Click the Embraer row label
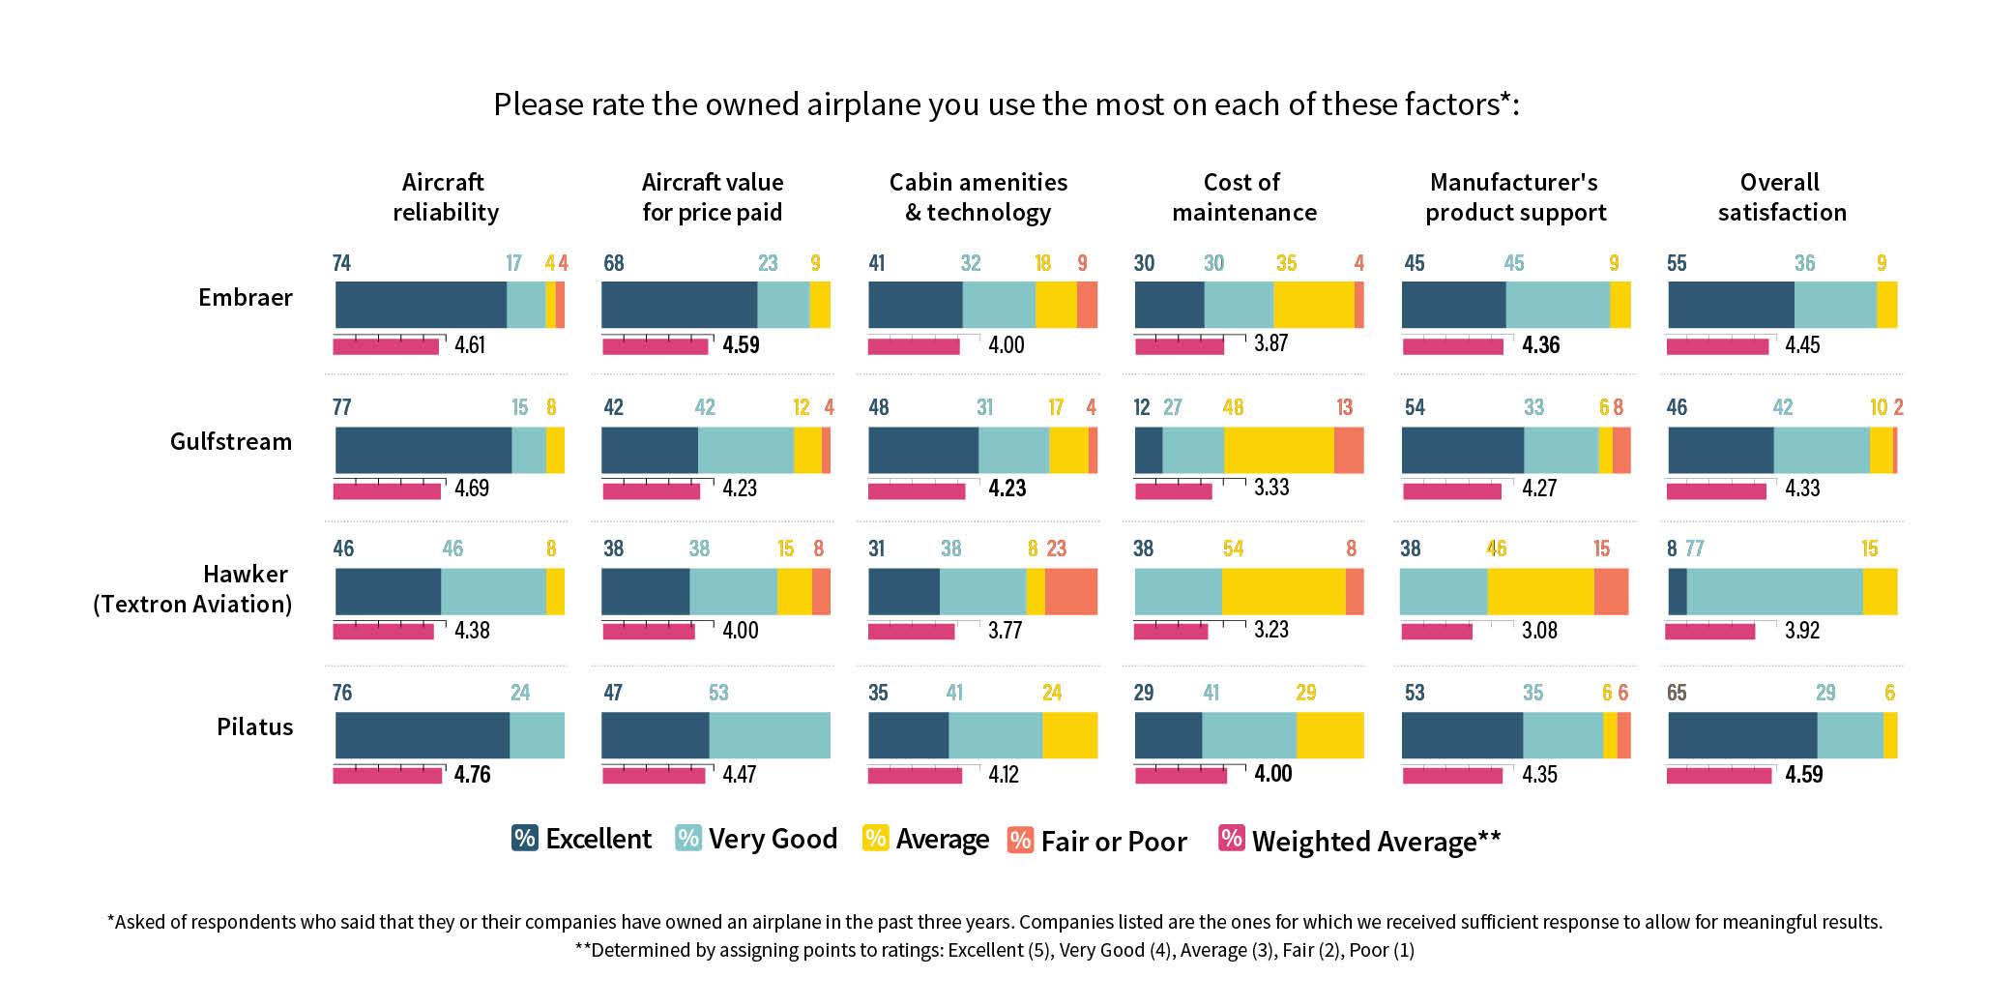click(x=245, y=297)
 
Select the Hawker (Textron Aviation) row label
click(x=192, y=589)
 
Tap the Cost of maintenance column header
click(x=1243, y=197)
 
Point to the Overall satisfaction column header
click(x=1781, y=197)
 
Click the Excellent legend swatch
click(x=524, y=838)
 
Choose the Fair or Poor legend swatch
click(x=1020, y=840)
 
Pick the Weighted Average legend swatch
click(x=1231, y=838)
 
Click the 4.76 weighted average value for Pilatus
click(x=472, y=775)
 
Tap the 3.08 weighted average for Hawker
click(x=1539, y=631)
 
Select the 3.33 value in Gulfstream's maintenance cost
click(x=1271, y=488)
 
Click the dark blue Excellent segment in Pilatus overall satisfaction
click(x=1741, y=735)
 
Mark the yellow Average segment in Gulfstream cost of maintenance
click(x=1278, y=450)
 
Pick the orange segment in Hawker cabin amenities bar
click(x=1070, y=592)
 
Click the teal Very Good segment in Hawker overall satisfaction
click(x=1774, y=592)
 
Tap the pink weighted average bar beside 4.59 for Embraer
click(x=655, y=346)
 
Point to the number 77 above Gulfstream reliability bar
click(x=342, y=407)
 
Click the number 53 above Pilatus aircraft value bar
click(x=718, y=693)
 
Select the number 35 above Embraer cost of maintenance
click(x=1286, y=263)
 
